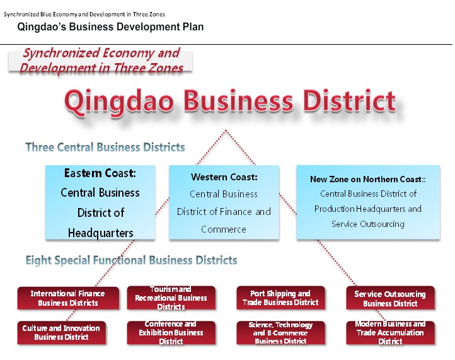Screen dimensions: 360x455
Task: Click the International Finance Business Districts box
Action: [67, 298]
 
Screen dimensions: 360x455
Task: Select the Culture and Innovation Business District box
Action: [61, 332]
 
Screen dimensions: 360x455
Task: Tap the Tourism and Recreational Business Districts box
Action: [171, 298]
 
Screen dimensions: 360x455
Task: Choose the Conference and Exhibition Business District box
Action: [171, 332]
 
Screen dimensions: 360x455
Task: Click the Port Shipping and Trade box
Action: [280, 298]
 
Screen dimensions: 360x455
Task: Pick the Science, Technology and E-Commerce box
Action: [280, 332]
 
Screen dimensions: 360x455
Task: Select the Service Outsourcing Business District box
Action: [390, 298]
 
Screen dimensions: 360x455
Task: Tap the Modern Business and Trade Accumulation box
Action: [390, 332]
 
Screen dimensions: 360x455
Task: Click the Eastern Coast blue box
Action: [100, 202]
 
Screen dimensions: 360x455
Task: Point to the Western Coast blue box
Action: [224, 202]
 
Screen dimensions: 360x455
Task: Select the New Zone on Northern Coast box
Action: [368, 202]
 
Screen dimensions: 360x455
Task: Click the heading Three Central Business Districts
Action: [105, 147]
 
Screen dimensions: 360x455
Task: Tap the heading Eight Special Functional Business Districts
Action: [131, 260]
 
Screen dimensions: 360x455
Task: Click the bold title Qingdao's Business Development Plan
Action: [110, 27]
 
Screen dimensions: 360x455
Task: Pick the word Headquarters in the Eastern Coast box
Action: [101, 233]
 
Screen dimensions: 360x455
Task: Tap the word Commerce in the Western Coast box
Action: [224, 229]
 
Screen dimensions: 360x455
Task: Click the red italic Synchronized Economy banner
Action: [101, 61]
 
